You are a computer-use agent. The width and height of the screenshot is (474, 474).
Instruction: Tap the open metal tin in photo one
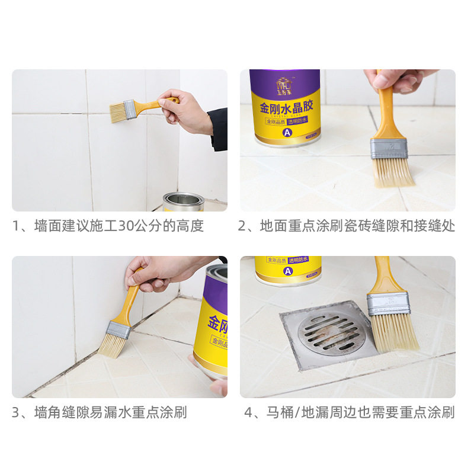tap(183, 202)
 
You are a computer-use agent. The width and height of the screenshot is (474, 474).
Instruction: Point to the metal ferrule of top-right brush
tap(389, 148)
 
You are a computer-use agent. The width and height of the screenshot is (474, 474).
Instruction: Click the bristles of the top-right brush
tap(393, 171)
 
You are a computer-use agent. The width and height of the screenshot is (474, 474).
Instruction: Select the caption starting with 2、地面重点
tap(347, 226)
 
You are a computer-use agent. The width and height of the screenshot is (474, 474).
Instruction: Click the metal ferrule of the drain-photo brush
tap(388, 303)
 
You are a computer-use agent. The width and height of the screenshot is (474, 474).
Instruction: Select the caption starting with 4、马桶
tap(350, 412)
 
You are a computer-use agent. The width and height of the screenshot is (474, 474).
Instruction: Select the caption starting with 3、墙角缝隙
tap(100, 412)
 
